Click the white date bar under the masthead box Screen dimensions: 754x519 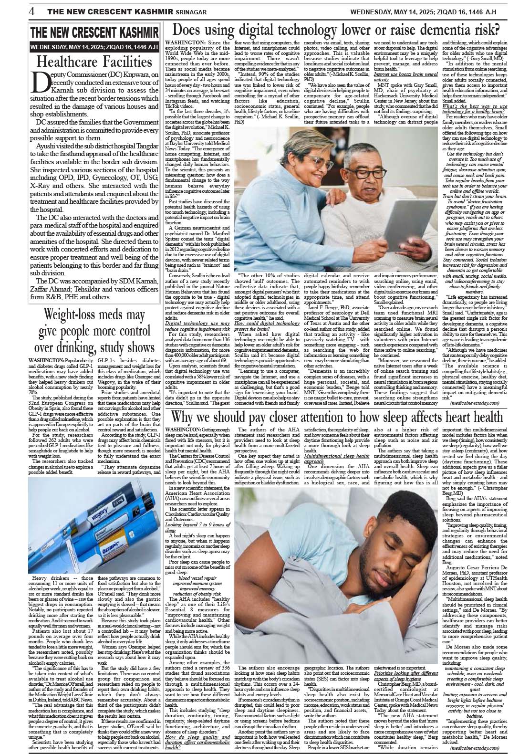click(x=94, y=48)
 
